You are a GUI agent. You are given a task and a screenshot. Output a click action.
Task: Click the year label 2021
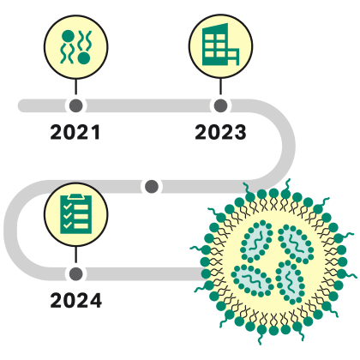pos(75,132)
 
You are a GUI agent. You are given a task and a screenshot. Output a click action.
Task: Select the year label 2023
pos(220,132)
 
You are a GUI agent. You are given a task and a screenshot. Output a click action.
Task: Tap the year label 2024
pos(75,300)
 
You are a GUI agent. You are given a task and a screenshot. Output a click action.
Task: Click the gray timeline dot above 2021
pos(75,105)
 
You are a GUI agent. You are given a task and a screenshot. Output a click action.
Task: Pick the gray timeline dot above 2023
pos(220,105)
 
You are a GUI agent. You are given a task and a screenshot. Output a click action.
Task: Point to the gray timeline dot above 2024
pos(75,273)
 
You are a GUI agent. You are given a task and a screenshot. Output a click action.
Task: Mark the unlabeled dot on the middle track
pos(152,187)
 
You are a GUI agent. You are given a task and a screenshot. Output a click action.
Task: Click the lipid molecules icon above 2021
pos(76,47)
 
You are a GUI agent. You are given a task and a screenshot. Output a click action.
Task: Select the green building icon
pos(220,45)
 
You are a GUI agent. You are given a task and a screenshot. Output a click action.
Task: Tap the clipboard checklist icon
pos(76,213)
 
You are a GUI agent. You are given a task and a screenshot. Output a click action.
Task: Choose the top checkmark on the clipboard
pos(67,207)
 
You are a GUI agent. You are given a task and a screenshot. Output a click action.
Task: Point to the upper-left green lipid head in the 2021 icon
pos(68,36)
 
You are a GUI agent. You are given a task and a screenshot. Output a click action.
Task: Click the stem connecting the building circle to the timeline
pos(220,87)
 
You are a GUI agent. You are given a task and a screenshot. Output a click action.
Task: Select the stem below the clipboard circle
pos(75,255)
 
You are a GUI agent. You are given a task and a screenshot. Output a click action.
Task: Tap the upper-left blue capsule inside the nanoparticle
pos(257,241)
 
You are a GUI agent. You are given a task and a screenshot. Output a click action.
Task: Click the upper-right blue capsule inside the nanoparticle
pos(296,243)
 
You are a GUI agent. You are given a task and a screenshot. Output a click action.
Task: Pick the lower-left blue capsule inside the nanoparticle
pos(252,280)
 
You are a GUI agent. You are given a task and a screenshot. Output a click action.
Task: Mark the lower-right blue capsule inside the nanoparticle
pos(290,281)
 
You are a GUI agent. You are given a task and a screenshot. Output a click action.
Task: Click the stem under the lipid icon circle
pos(75,87)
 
